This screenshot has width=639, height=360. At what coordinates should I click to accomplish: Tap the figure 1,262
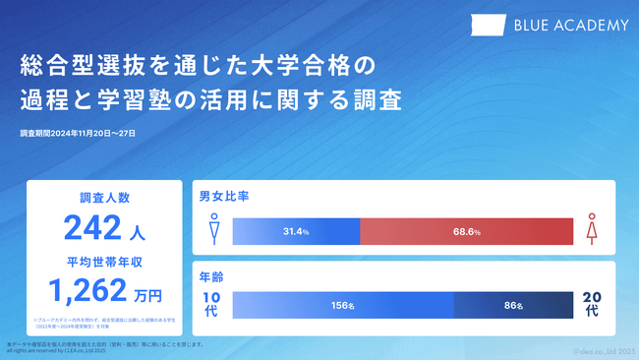88,291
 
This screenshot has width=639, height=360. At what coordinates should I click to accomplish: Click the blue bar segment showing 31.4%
296,231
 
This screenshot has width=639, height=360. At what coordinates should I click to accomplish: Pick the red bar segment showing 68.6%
466,231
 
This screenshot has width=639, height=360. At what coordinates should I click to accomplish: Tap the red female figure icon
592,230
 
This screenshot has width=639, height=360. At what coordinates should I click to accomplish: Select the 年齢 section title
211,276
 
